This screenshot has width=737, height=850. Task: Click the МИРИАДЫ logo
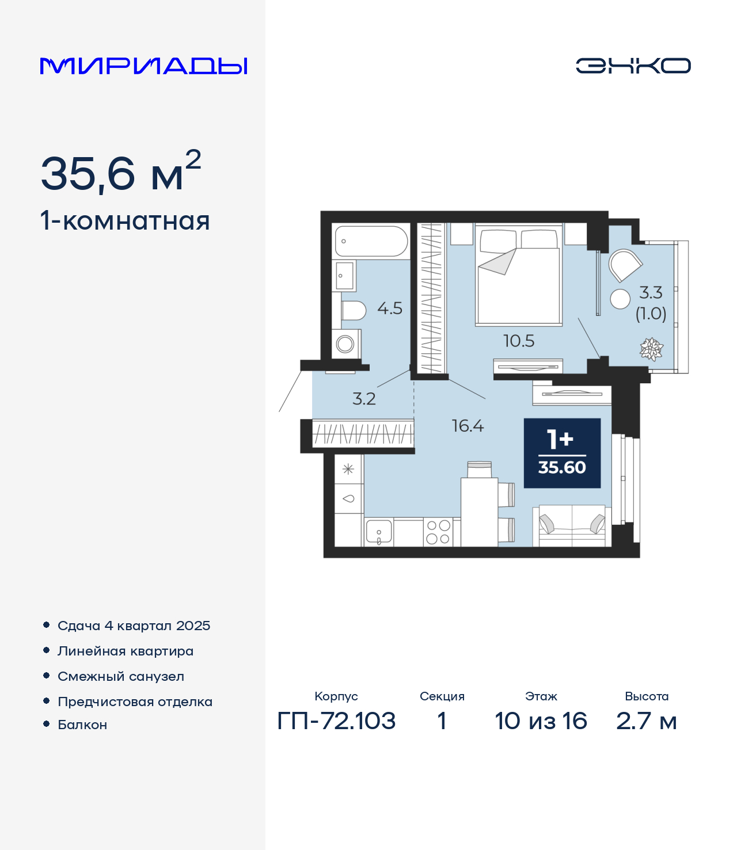[x=143, y=66]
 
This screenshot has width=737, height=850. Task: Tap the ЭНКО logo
[x=633, y=66]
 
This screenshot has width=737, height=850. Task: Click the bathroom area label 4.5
[x=390, y=308]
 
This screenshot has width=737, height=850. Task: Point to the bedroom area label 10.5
[x=519, y=341]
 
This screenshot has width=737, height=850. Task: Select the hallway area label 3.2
[x=364, y=399]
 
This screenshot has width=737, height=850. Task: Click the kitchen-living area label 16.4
[x=468, y=426]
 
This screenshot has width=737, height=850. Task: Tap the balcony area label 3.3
[x=651, y=293]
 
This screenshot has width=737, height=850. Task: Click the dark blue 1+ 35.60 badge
[x=562, y=453]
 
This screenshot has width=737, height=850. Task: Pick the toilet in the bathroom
[x=354, y=311]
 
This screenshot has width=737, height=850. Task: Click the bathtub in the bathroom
[x=371, y=241]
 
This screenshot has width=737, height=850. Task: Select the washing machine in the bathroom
[x=346, y=344]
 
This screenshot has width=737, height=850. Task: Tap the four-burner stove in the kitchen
[x=438, y=532]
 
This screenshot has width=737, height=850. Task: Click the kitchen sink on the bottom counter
[x=379, y=532]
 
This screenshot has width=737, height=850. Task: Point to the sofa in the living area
[x=572, y=526]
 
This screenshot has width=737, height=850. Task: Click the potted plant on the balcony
[x=651, y=349]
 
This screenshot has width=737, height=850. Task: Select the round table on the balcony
[x=620, y=299]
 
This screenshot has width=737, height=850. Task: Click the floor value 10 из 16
[x=541, y=721]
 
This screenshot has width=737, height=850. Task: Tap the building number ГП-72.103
[x=337, y=721]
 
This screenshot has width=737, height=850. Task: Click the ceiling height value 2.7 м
[x=647, y=721]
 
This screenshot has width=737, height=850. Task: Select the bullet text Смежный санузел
[x=121, y=676]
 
